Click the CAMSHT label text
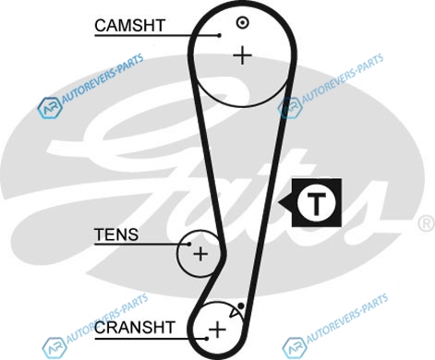pos(130,26)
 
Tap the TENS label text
pos(116,234)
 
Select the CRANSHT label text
pos(135,328)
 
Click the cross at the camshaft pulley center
pos(243,55)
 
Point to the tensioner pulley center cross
pos(200,254)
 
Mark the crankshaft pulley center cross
pos(217,330)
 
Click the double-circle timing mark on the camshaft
pos(243,22)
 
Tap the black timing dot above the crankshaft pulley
pos(241,306)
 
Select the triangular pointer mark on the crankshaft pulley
pos(236,313)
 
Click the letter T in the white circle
pos(316,204)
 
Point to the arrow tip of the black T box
pos(279,203)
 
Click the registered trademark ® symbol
pos(427,223)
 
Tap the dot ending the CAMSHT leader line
pos(219,35)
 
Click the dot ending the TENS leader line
pos(189,244)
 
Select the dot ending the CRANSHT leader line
pos(207,339)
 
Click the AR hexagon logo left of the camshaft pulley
pos(50,108)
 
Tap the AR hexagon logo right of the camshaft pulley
pos(290,108)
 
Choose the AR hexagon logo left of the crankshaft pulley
pos(54,348)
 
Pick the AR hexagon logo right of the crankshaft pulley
pos(295,348)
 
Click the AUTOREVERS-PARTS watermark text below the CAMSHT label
pos(103,80)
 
